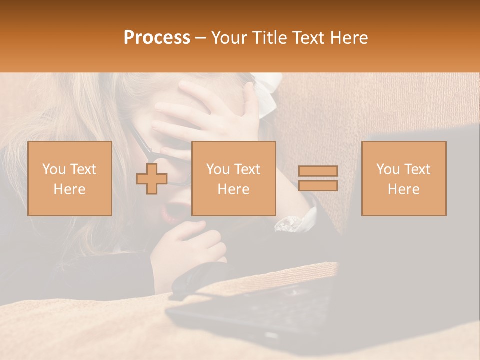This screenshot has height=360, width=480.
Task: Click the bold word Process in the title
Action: (157, 37)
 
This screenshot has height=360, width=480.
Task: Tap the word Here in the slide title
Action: (348, 37)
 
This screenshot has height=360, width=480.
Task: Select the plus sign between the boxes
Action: (152, 178)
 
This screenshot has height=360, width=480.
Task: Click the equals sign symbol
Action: (318, 178)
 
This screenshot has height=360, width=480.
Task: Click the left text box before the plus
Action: (69, 178)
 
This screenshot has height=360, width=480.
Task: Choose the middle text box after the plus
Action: (233, 178)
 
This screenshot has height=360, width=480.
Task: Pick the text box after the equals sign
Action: (403, 178)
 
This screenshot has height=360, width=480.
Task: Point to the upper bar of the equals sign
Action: (318, 171)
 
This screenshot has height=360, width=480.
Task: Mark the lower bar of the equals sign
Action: (318, 185)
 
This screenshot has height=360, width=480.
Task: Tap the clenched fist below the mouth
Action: (190, 250)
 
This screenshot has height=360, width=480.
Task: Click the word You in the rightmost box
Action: (388, 169)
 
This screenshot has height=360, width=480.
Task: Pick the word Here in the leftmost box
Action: (69, 189)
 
